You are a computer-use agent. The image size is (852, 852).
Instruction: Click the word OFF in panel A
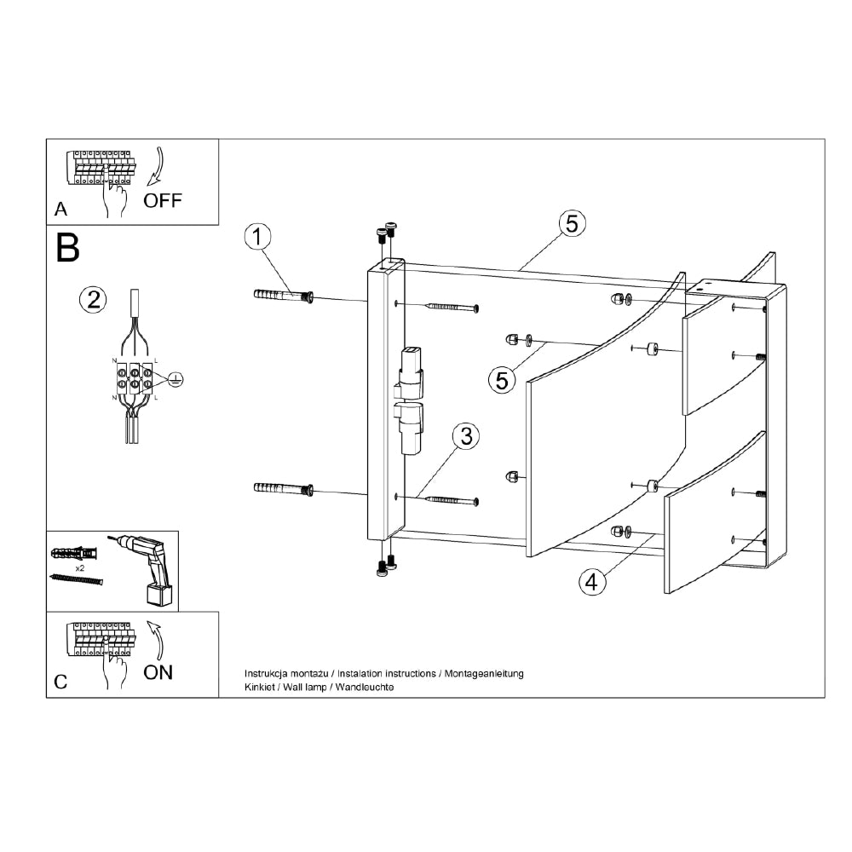(x=163, y=201)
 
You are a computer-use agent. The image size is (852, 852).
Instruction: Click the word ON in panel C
(x=158, y=672)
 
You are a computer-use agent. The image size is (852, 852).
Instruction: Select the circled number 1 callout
(x=258, y=236)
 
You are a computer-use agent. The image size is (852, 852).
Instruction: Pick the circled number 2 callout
(x=93, y=298)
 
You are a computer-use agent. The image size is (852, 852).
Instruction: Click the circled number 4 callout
(x=592, y=582)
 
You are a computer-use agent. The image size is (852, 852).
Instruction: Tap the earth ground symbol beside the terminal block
(x=175, y=379)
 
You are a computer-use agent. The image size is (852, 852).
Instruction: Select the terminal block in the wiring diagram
(x=134, y=379)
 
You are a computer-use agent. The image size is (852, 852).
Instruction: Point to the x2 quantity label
(x=79, y=567)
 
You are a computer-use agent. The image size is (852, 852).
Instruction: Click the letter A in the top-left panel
(x=60, y=209)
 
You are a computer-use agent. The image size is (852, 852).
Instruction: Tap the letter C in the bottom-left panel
(x=60, y=682)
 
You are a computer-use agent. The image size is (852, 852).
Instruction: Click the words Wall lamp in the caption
(x=300, y=687)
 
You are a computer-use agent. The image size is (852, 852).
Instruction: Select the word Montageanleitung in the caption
(x=483, y=673)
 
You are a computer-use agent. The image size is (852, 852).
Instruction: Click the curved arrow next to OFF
(x=155, y=166)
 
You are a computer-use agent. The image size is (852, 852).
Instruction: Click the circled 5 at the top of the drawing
(x=572, y=222)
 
